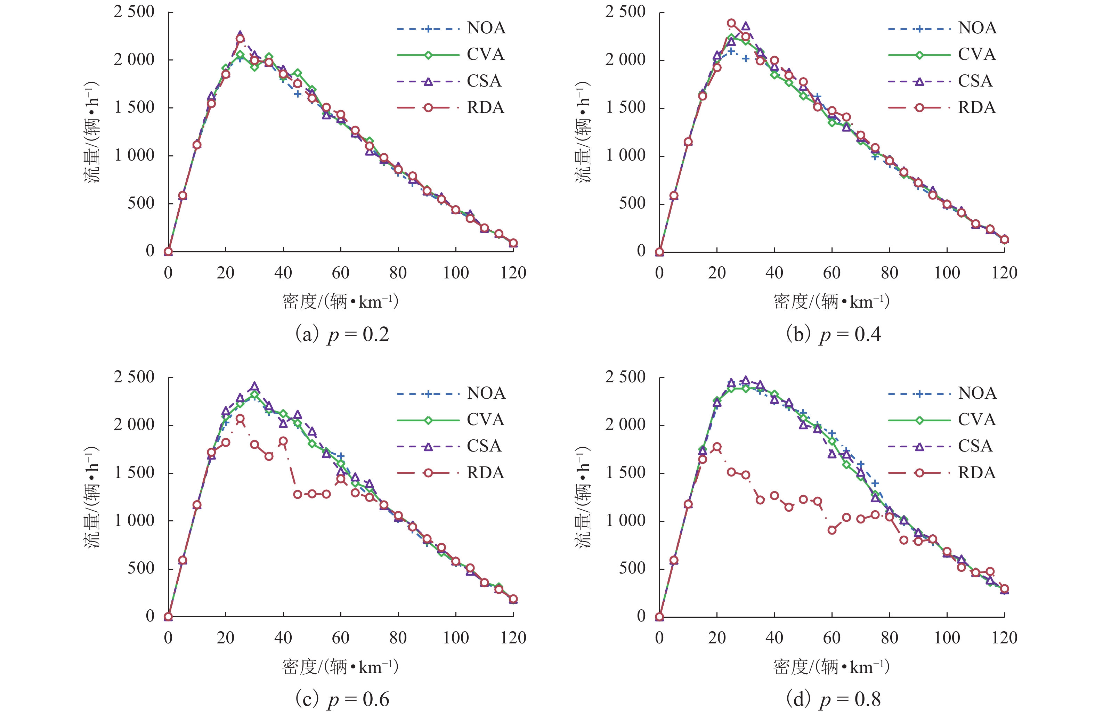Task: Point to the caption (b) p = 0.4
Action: [833, 334]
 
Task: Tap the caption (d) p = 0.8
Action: [833, 699]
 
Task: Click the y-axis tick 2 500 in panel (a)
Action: [134, 11]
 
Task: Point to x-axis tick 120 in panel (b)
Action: [1004, 273]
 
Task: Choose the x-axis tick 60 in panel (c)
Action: [340, 638]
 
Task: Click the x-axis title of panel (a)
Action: [340, 302]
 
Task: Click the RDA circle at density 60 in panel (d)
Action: [832, 530]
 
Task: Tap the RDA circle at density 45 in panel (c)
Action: [298, 494]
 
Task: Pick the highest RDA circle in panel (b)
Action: [731, 23]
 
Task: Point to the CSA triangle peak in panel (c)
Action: [254, 387]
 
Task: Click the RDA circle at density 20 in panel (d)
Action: [717, 447]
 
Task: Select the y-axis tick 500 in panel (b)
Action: [632, 203]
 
